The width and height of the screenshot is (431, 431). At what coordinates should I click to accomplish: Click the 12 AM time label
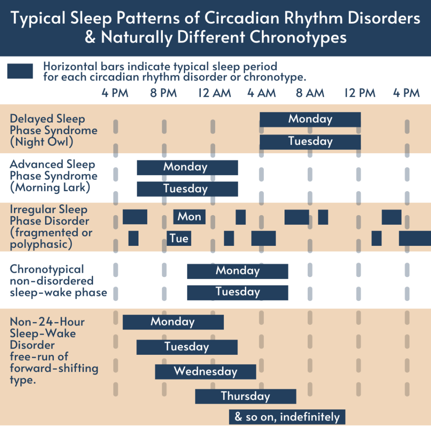(x=214, y=93)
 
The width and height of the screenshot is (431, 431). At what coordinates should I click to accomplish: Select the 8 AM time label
(x=310, y=93)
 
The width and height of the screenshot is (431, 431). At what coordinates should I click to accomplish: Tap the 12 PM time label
(x=360, y=93)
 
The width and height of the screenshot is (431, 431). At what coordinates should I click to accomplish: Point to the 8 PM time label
(x=163, y=93)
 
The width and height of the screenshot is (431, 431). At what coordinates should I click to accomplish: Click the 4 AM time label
(x=261, y=93)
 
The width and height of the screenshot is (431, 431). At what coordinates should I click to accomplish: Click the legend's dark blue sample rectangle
(x=20, y=71)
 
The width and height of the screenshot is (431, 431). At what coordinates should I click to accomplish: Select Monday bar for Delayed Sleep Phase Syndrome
(x=310, y=120)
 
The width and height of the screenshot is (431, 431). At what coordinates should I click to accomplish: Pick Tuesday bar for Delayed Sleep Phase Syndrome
(x=310, y=142)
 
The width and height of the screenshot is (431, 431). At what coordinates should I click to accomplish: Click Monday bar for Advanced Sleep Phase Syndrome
(x=187, y=168)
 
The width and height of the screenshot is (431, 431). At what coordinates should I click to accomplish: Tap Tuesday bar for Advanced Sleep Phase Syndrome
(x=187, y=189)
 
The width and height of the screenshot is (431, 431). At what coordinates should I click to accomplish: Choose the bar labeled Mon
(x=189, y=217)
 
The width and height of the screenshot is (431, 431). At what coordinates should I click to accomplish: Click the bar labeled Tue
(x=179, y=238)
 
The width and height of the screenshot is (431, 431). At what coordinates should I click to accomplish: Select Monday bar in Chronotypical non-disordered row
(x=238, y=271)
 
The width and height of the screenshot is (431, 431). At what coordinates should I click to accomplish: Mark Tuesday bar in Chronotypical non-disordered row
(x=238, y=293)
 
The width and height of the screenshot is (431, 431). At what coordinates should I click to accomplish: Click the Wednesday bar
(x=205, y=372)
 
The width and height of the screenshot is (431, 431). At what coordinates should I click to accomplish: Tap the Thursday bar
(x=246, y=396)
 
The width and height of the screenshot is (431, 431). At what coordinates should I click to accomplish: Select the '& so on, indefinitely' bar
(x=287, y=417)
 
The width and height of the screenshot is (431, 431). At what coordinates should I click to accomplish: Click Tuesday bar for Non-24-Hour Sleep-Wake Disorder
(x=187, y=347)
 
